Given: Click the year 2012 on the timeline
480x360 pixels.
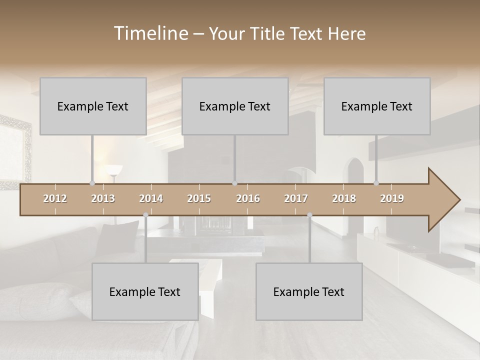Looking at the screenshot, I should coord(55,198).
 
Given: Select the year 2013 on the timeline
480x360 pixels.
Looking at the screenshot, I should coord(103,198).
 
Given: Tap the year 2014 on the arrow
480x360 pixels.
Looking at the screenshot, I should coord(151,198).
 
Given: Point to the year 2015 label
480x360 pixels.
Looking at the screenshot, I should coord(199,198).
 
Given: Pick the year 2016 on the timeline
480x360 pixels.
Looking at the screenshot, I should coord(248,198).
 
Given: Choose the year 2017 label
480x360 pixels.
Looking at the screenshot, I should coord(296,198).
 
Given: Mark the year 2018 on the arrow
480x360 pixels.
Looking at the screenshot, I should coord(344,198).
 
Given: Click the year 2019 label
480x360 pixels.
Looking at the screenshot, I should coord(392,198).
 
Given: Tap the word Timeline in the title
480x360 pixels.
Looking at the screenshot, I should coord(150,33).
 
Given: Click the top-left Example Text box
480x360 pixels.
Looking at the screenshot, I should coord(93,106).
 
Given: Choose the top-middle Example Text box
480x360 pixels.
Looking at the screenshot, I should coord(235,106).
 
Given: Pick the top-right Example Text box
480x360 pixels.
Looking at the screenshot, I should coord(377,106).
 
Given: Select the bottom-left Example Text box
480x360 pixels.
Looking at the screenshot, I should coord(145,291).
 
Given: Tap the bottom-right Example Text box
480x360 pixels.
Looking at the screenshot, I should coord(309,291).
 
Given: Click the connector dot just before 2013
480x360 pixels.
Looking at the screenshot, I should coord(92,183).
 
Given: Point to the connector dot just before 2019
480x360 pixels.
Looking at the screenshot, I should coord(376,183).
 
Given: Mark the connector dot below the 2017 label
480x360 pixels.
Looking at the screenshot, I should coord(309,215).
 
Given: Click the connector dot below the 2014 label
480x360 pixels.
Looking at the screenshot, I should coord(145,215).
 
